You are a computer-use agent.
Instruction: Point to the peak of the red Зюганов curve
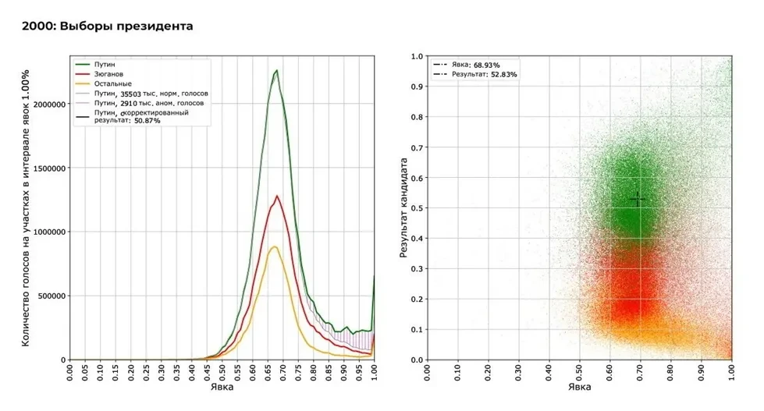pyautogui.click(x=275, y=196)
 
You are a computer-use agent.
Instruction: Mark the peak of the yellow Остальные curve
pyautogui.click(x=274, y=246)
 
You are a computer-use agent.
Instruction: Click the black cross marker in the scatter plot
pyautogui.click(x=638, y=200)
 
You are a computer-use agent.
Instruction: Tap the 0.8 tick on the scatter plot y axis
pyautogui.click(x=417, y=117)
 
